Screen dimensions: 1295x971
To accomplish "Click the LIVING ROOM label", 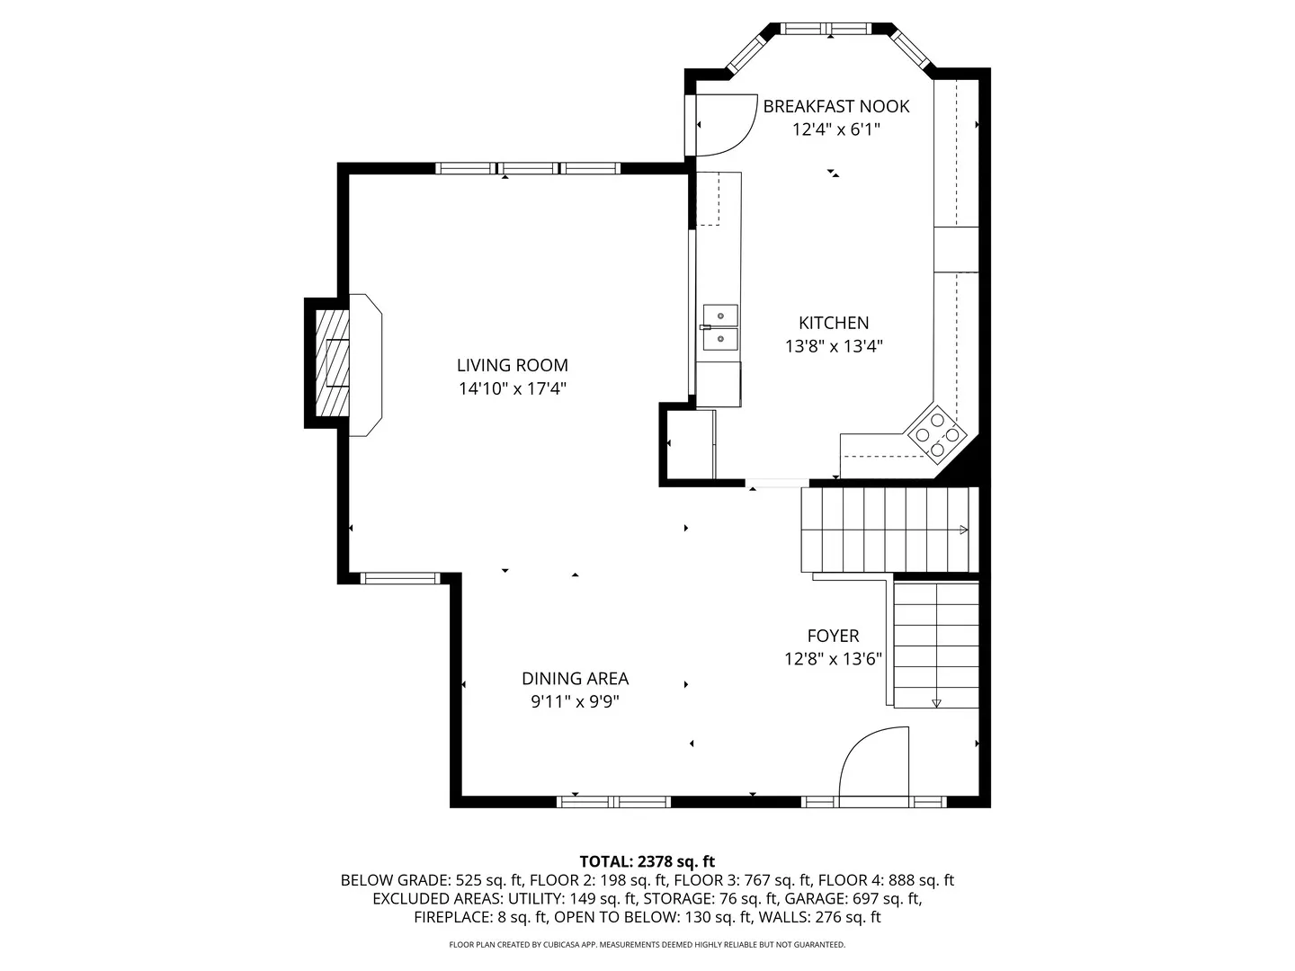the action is (512, 366).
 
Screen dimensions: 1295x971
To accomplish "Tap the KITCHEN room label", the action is (833, 323).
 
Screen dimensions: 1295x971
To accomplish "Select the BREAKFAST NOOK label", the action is (836, 106).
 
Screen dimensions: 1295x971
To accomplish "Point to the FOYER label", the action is (833, 636).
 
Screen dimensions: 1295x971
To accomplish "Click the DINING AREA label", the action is (576, 679).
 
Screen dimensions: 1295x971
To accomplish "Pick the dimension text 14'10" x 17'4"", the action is (512, 389).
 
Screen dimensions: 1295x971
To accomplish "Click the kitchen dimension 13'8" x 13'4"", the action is (833, 346).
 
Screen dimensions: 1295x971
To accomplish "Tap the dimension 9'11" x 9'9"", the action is (576, 702).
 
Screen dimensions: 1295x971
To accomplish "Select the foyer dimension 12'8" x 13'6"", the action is (833, 658).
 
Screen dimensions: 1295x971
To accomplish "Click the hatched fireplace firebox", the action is (332, 363).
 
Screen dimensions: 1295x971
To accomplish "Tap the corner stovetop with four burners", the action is (937, 435).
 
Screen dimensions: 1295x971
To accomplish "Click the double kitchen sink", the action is (719, 327).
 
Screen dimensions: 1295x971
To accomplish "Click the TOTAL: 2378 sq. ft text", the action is (647, 861).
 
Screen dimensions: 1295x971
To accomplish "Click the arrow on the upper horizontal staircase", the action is (964, 530).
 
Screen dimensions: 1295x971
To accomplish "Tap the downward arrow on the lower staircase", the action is (936, 703).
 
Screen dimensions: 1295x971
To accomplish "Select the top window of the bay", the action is (826, 29).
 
